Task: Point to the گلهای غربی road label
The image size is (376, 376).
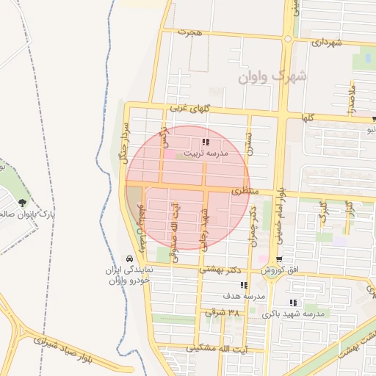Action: pos(190,108)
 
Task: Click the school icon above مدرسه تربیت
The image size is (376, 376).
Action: pos(206,142)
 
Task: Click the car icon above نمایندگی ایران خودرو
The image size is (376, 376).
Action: pos(129,259)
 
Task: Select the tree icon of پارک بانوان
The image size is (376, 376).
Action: pos(23,202)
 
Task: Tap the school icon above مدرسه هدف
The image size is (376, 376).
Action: pos(245,285)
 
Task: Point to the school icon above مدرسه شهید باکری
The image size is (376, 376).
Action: pos(294,302)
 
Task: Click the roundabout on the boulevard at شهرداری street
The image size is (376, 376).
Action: pos(288,38)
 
